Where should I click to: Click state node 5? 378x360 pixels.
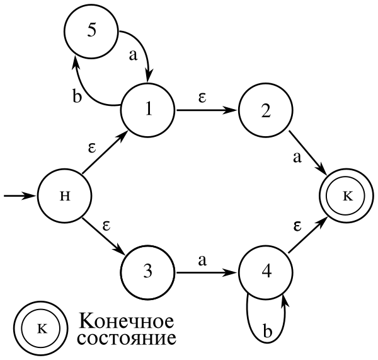91,31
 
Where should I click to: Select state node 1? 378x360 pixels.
148,110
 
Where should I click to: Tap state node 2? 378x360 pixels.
266,110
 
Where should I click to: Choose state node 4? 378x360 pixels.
266,272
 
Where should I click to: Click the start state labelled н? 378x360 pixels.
65,195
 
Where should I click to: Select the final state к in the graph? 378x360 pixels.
346,195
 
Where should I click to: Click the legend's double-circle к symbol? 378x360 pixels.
41,328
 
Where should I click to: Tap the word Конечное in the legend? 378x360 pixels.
127,321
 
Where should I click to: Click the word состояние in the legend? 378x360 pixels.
127,339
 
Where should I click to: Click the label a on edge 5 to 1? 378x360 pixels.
134,55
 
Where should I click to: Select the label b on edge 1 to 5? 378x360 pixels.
77,96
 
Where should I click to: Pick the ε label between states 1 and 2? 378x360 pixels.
202,97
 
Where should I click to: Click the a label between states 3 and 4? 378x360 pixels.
202,260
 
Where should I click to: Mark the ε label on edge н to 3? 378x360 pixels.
106,226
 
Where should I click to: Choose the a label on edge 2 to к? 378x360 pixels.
297,158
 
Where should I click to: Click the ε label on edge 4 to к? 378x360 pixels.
297,226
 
